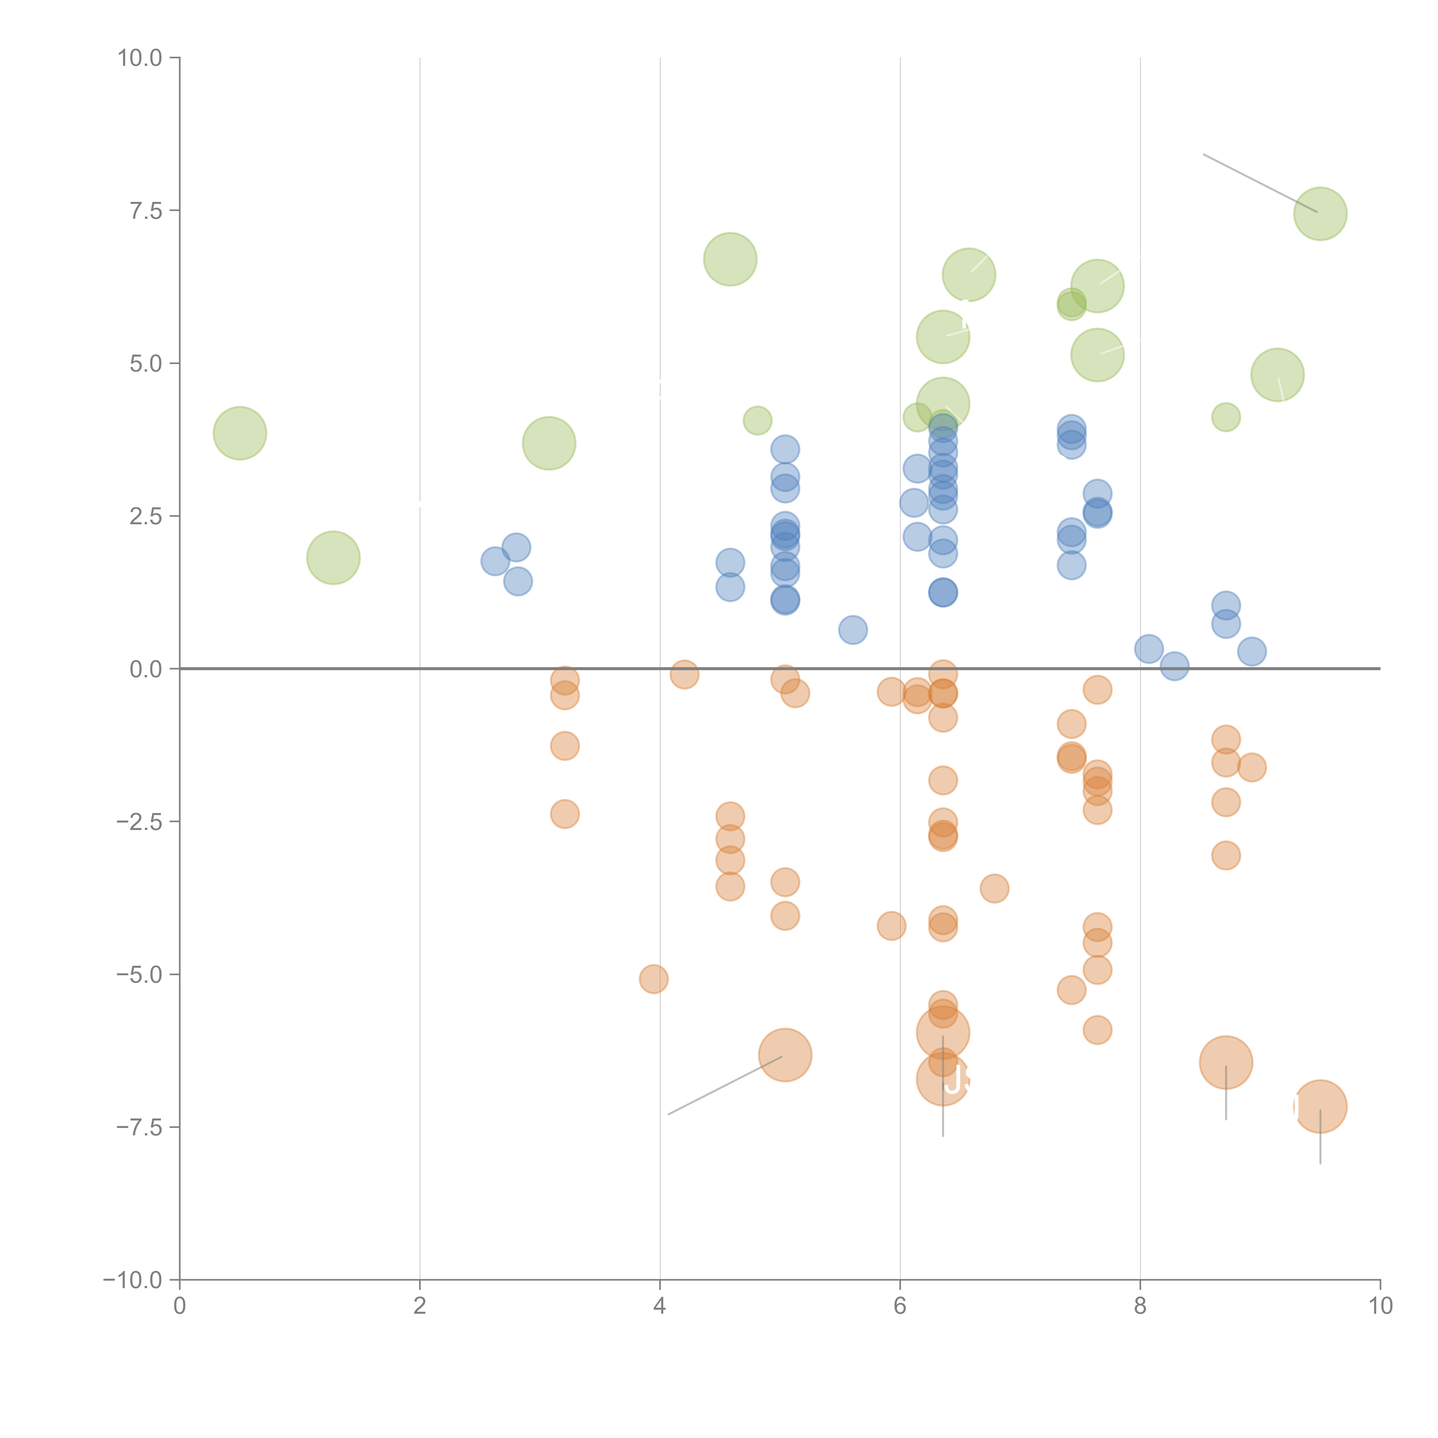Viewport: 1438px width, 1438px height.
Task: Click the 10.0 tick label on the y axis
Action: click(140, 58)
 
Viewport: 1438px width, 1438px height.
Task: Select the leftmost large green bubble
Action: click(240, 433)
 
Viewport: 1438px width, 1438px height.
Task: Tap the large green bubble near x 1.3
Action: click(333, 557)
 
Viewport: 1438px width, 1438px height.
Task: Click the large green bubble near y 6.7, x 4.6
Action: click(730, 259)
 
